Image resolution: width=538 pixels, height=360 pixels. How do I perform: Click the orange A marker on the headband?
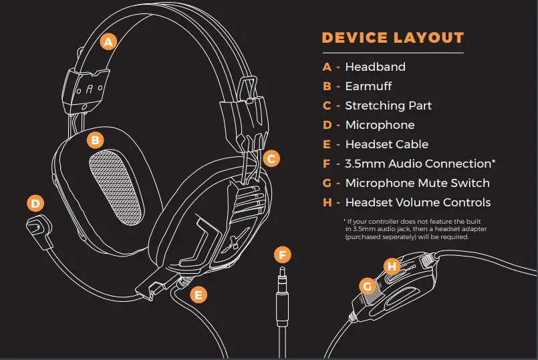(x=108, y=41)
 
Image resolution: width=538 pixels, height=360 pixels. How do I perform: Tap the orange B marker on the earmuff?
(x=96, y=140)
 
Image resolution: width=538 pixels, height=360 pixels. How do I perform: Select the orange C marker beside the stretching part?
(x=270, y=158)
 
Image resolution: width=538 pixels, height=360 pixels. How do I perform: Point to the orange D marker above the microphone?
(x=36, y=203)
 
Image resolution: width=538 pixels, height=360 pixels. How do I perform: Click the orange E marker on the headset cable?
(x=198, y=294)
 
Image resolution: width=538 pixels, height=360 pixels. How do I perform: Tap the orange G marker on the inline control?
(x=366, y=286)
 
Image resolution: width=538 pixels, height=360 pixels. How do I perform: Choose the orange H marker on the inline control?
(x=392, y=266)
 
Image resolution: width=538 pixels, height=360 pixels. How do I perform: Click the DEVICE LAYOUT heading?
(x=392, y=37)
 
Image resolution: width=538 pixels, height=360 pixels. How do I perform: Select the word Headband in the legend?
(x=375, y=67)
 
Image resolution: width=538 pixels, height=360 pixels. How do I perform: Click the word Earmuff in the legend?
(x=368, y=86)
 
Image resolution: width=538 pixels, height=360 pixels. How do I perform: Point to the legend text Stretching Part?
(x=388, y=106)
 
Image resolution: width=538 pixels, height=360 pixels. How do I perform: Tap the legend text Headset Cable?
(x=386, y=144)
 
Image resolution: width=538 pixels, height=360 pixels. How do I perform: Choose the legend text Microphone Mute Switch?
(x=417, y=183)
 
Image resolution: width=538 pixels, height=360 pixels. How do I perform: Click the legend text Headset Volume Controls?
(x=418, y=202)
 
